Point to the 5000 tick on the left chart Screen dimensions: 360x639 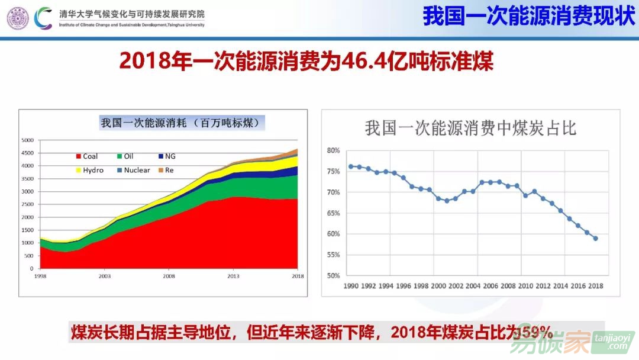[x=27, y=140]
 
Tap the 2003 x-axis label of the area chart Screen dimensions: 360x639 [x=104, y=276]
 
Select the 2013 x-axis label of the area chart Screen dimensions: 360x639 [x=234, y=276]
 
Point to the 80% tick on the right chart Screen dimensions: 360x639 [x=333, y=150]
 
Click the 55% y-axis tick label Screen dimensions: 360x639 [x=333, y=255]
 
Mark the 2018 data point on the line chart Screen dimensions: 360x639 [x=595, y=239]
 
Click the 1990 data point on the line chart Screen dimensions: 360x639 [x=350, y=166]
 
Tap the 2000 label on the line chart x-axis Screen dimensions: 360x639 [x=438, y=286]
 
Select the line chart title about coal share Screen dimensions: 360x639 [x=470, y=128]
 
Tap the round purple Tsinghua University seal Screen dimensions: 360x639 [x=17, y=17]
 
